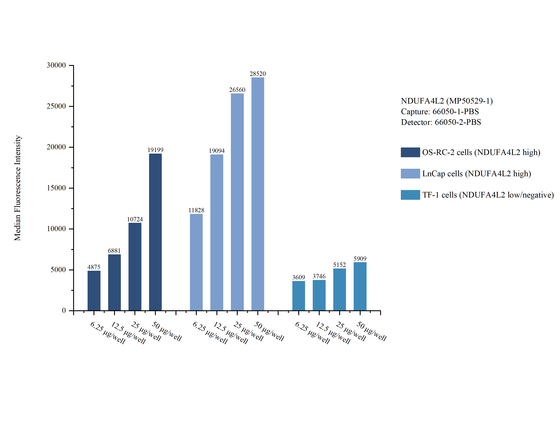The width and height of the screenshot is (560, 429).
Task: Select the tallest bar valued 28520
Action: (258, 194)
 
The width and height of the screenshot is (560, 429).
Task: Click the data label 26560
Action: (237, 90)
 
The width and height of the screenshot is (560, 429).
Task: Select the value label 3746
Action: (319, 276)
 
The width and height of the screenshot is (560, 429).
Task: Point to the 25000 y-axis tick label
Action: (56, 106)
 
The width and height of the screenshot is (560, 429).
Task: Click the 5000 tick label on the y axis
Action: (58, 270)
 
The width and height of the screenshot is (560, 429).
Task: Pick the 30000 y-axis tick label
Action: (56, 65)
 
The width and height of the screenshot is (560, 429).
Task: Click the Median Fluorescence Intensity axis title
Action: (17, 188)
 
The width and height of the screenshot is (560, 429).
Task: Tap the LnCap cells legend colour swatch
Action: (410, 174)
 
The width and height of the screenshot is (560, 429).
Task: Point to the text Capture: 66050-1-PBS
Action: (440, 112)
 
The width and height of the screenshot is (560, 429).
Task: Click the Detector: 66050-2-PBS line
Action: (441, 122)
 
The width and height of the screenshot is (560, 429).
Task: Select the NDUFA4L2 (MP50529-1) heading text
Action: (446, 101)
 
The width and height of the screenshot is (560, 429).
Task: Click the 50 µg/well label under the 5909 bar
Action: (371, 331)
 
